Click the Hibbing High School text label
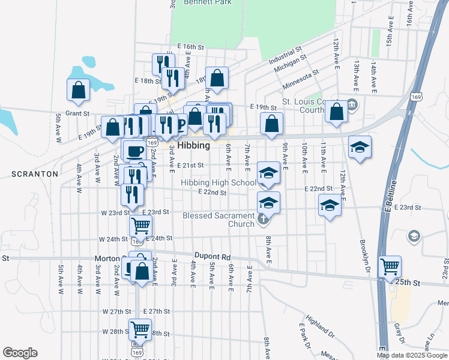click(x=218, y=183)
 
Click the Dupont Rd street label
click(x=212, y=257)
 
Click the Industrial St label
click(x=285, y=57)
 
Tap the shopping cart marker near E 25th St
click(x=390, y=265)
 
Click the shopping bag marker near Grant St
click(x=79, y=89)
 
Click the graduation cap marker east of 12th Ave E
click(x=360, y=147)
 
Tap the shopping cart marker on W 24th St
click(x=140, y=226)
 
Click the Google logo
click(x=20, y=353)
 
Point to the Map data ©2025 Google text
click(x=412, y=355)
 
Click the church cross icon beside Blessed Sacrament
click(x=263, y=220)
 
